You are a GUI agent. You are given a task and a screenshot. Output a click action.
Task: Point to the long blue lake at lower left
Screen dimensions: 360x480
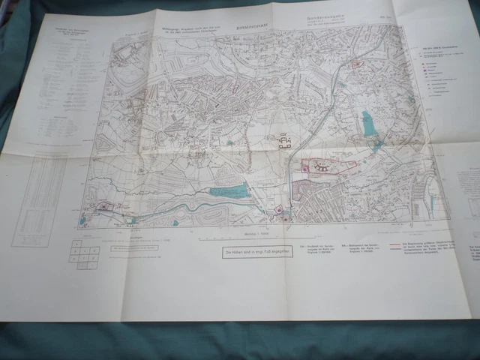pyautogui.click(x=231, y=192)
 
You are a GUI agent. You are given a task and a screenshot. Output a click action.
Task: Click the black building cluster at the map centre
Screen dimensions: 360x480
pyautogui.click(x=286, y=143)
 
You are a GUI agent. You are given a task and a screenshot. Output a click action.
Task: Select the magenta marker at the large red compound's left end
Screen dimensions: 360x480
pyautogui.click(x=304, y=165)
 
